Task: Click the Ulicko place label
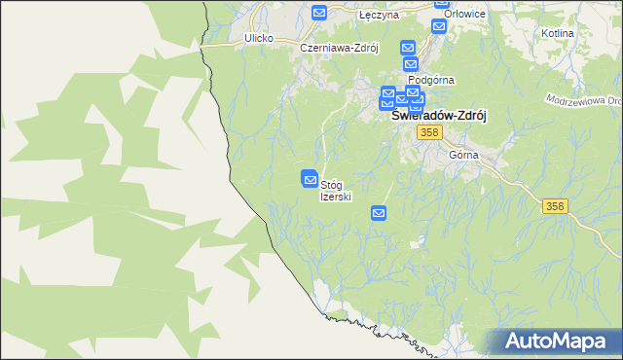(258, 38)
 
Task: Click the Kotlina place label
(556, 33)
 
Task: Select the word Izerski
(336, 197)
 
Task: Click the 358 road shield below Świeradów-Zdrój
(428, 131)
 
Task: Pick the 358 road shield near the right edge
(555, 205)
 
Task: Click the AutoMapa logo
(555, 342)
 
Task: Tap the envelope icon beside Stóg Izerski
(310, 179)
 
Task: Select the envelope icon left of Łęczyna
(319, 13)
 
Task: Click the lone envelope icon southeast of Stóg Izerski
(379, 212)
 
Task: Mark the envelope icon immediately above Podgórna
(411, 63)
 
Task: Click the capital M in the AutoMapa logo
(565, 342)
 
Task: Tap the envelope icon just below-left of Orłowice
(438, 26)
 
